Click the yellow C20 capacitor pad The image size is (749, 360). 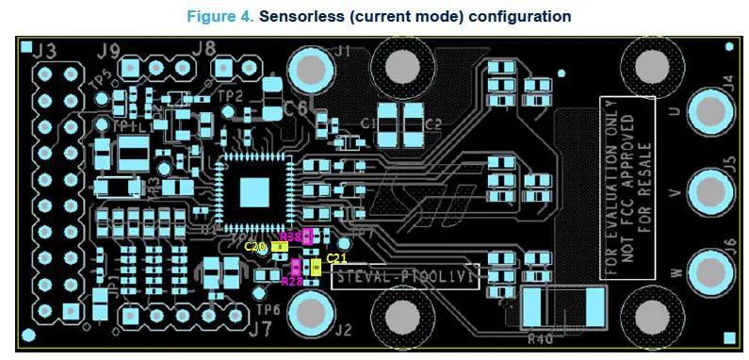click(279, 247)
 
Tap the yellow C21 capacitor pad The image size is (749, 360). click(316, 268)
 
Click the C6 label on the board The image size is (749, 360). click(296, 109)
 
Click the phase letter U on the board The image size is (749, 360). click(672, 111)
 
